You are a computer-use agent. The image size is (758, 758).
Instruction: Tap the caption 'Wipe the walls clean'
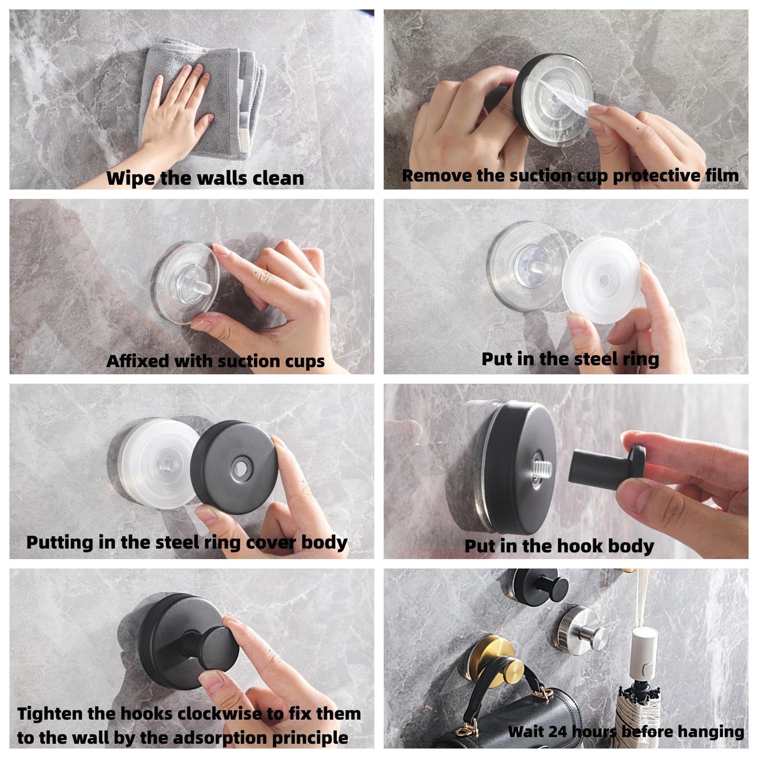tap(205, 178)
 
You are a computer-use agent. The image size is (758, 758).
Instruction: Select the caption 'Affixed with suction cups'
tap(215, 361)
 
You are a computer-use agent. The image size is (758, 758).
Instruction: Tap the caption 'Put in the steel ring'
tap(570, 359)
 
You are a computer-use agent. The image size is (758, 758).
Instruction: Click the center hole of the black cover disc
tap(240, 468)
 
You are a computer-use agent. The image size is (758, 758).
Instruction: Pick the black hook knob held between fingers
tap(608, 464)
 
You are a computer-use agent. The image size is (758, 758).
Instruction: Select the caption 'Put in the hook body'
tap(559, 546)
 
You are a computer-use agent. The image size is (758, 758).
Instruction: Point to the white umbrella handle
tap(644, 653)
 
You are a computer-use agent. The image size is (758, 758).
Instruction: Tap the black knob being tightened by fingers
tap(212, 653)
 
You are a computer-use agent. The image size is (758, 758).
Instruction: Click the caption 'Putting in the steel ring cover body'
tap(187, 542)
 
